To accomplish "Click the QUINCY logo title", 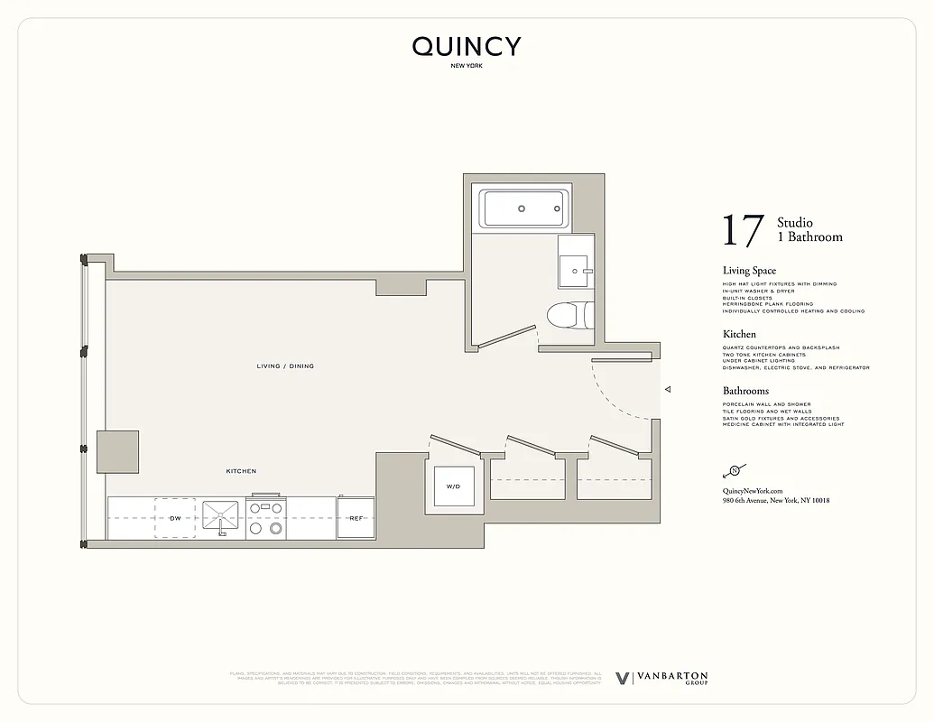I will click(467, 47).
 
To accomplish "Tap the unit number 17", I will click(743, 231).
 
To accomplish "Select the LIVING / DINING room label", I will click(285, 366).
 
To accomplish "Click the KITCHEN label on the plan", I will click(241, 471).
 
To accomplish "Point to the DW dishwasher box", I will click(175, 518).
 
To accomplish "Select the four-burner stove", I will click(265, 518).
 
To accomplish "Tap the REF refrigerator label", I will click(356, 518).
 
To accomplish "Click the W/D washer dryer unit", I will click(453, 486).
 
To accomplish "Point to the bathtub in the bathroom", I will click(523, 208).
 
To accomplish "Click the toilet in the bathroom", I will click(570, 315).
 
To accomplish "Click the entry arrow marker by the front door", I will click(668, 390).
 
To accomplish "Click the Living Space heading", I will click(749, 271).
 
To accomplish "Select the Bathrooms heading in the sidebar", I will click(745, 391).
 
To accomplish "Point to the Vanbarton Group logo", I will click(661, 678).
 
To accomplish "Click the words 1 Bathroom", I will click(809, 237).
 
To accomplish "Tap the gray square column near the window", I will click(118, 451).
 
